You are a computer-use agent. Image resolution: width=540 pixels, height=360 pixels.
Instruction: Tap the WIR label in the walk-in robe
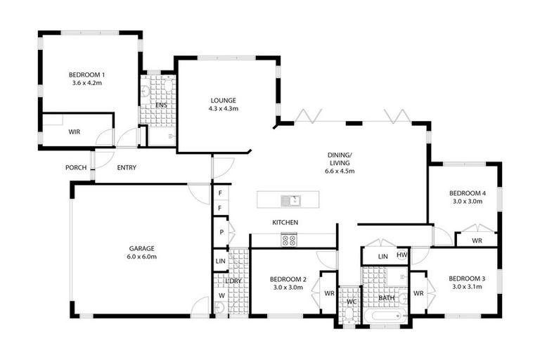74,131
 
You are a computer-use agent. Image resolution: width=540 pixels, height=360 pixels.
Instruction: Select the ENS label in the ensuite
161,105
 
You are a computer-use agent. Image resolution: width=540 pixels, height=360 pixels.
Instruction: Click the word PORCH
76,167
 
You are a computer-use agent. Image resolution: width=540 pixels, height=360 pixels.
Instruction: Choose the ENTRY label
127,167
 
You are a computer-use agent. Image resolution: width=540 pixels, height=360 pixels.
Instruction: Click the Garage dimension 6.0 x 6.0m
141,257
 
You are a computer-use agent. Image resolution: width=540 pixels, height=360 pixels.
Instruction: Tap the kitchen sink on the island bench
290,200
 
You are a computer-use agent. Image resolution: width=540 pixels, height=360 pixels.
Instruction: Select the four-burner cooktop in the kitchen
289,240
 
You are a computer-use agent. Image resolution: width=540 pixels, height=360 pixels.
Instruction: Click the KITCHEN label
285,222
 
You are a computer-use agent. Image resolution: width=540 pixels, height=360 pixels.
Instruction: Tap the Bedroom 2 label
287,278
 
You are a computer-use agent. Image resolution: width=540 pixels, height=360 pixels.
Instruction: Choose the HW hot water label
401,255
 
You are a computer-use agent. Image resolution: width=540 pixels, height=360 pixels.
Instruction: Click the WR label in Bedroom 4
477,240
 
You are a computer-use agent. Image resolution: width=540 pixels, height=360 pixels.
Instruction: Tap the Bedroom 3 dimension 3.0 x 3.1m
465,286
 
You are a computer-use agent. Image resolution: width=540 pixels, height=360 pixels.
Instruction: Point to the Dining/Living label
340,162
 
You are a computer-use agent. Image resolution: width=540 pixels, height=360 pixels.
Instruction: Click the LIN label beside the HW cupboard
383,257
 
